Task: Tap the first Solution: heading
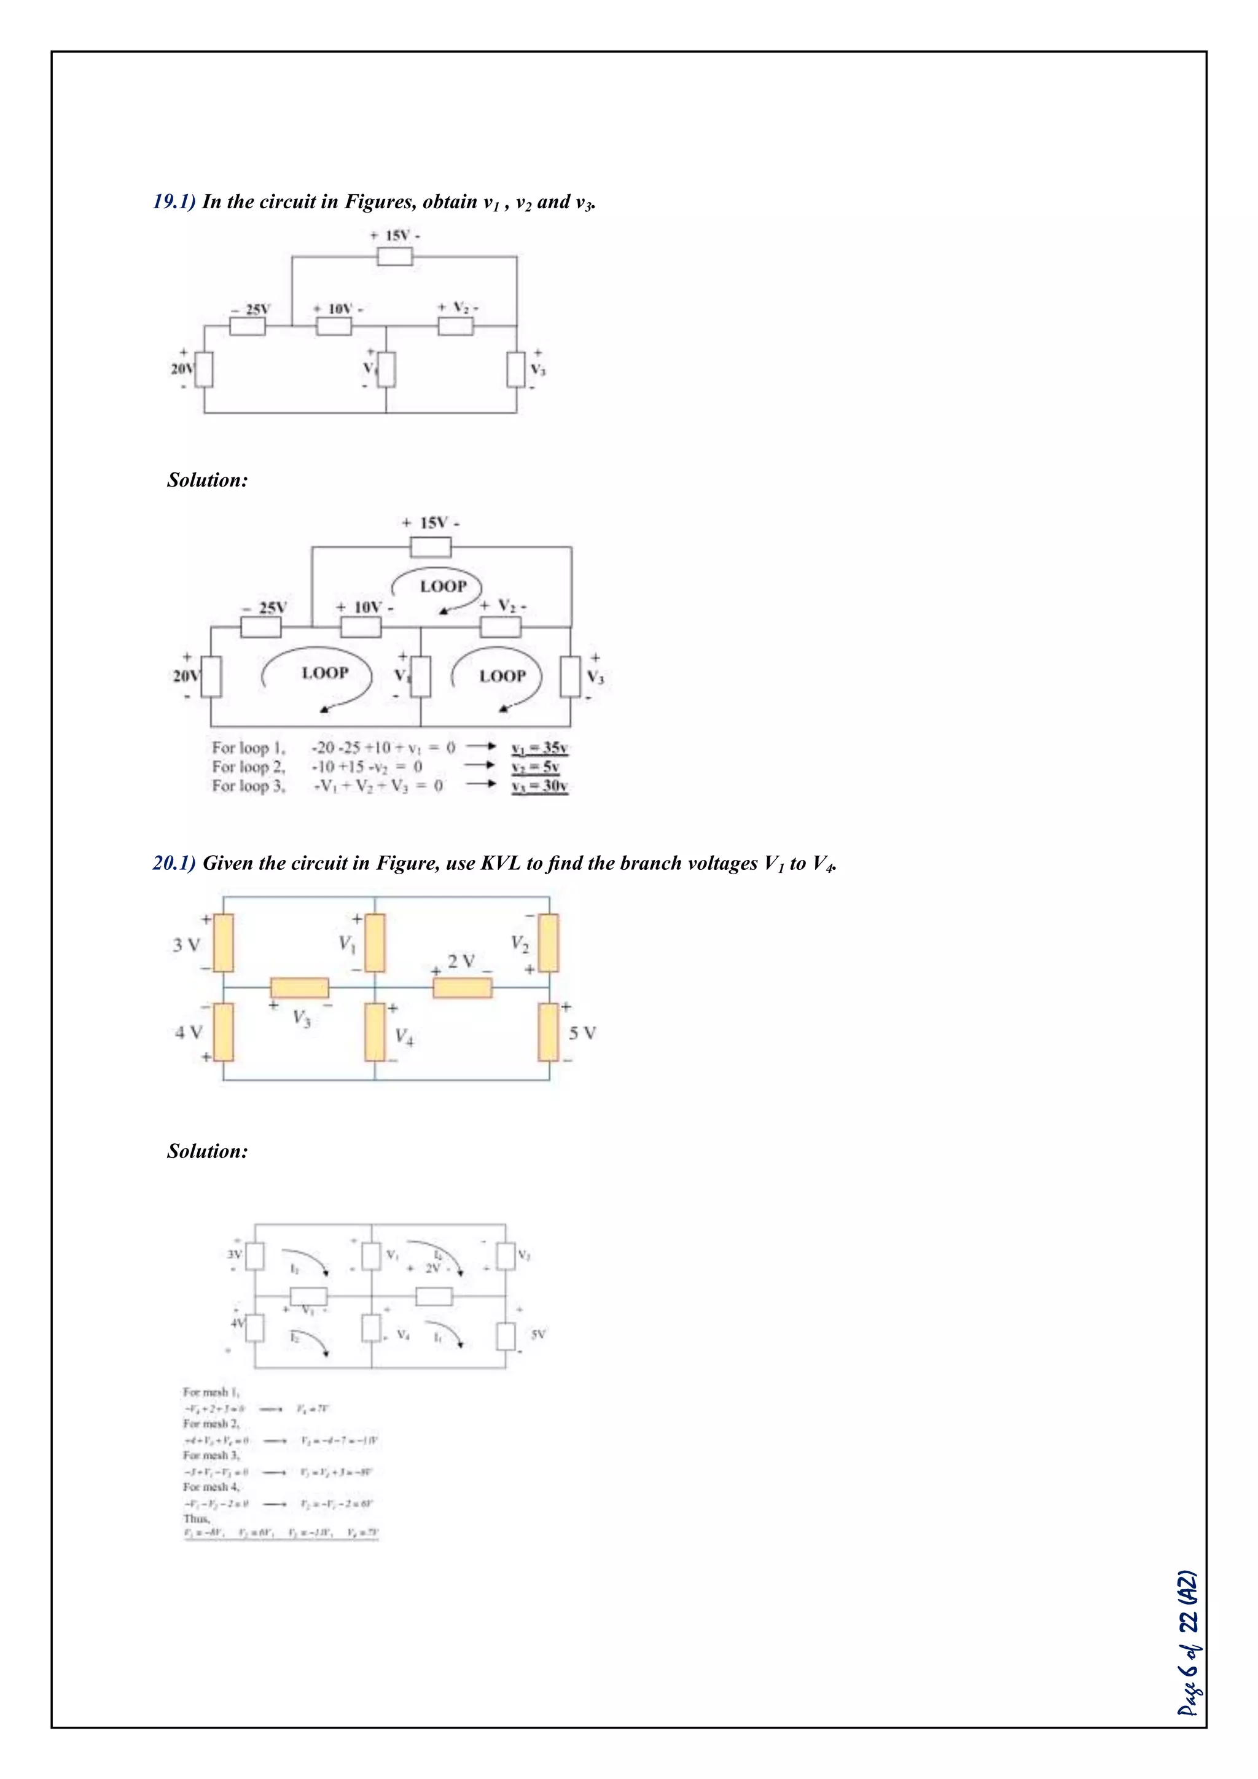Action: tap(208, 480)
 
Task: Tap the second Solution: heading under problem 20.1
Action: tap(208, 1151)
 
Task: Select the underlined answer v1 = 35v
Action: tap(540, 748)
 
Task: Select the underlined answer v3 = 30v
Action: tap(540, 786)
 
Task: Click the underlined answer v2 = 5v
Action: tap(535, 767)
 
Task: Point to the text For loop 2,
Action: tap(249, 767)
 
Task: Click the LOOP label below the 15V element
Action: tap(443, 587)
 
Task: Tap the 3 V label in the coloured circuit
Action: tap(186, 945)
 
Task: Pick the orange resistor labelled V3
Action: tap(299, 988)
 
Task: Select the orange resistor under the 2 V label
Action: tap(463, 988)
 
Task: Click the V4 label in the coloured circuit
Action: tap(404, 1037)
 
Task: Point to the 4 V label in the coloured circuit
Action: tap(188, 1033)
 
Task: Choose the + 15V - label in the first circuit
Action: tap(395, 235)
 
